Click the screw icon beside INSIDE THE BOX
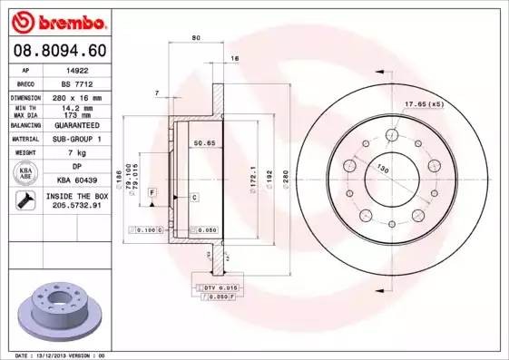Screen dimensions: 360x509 22,201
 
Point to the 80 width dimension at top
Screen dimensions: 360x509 196,38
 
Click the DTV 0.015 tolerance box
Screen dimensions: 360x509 218,287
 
